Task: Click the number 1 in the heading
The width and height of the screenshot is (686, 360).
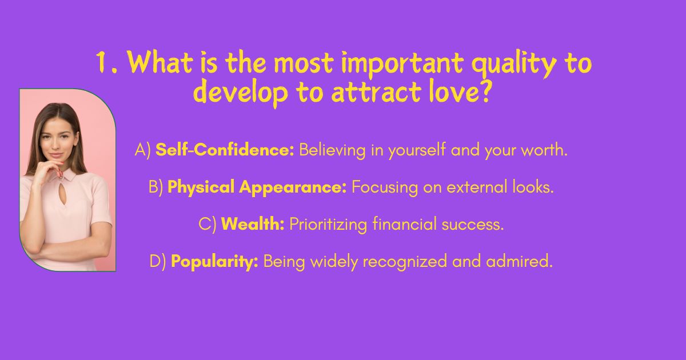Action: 101,63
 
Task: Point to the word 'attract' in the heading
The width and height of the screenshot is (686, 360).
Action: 376,92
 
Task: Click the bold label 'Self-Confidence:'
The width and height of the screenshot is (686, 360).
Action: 225,150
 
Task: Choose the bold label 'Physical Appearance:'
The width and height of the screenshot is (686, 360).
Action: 257,187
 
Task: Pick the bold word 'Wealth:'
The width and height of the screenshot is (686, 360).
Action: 253,224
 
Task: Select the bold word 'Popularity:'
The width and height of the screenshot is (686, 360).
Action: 214,262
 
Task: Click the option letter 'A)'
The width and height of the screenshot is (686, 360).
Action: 143,150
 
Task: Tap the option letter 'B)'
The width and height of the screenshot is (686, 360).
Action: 156,187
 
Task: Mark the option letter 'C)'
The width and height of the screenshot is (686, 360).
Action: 208,224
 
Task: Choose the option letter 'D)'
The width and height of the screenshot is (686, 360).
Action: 158,262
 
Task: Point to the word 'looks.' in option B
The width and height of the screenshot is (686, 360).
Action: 533,187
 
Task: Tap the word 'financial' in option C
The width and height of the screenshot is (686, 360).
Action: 405,224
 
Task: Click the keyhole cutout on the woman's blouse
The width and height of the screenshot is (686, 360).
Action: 63,194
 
